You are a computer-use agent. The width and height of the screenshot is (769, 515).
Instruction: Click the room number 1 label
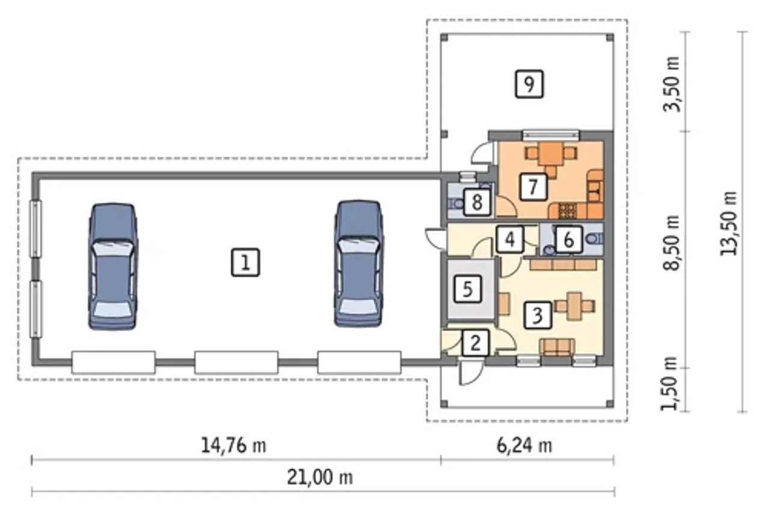[246, 262]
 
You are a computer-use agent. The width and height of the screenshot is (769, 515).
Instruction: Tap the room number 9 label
[529, 84]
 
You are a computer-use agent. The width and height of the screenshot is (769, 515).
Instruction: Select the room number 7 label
[533, 187]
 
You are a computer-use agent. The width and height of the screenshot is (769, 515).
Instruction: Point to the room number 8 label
[477, 202]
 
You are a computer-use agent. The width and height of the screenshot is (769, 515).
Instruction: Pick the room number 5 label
[467, 289]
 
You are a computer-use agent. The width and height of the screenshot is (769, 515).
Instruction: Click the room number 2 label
[475, 343]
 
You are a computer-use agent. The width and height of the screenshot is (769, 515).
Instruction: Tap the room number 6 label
[568, 239]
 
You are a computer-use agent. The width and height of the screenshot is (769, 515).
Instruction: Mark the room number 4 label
[510, 239]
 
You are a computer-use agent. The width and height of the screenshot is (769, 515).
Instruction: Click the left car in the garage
[113, 267]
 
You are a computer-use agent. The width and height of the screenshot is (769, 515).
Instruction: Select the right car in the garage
[359, 264]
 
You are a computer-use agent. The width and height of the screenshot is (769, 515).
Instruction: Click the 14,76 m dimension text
[234, 446]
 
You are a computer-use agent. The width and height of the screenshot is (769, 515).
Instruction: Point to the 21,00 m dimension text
[320, 477]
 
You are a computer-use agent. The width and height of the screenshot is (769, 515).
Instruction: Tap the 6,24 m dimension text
[524, 446]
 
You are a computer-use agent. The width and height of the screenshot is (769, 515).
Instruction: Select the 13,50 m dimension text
[729, 223]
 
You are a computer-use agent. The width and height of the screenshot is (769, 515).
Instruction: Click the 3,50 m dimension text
[672, 84]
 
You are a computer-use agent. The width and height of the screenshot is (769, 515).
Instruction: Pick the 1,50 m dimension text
[669, 384]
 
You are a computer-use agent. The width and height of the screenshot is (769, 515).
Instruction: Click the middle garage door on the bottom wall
[236, 362]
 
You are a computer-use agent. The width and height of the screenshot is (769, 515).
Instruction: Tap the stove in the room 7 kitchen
[567, 211]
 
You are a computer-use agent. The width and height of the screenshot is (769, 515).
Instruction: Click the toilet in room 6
[595, 238]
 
